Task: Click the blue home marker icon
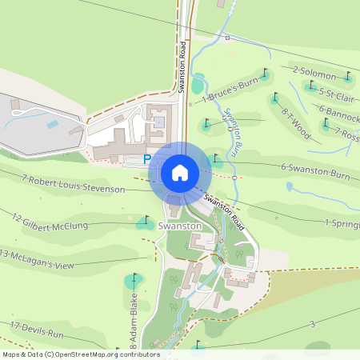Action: [x=180, y=172]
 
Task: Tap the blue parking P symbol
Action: [x=147, y=160]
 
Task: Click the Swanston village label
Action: [x=179, y=226]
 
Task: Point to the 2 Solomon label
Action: [x=314, y=74]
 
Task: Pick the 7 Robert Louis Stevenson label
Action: [x=74, y=183]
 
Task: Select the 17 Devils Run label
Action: [x=36, y=329]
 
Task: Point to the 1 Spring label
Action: [x=342, y=223]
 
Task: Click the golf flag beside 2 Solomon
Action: [x=348, y=78]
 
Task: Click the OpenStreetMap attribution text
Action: [x=81, y=354]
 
